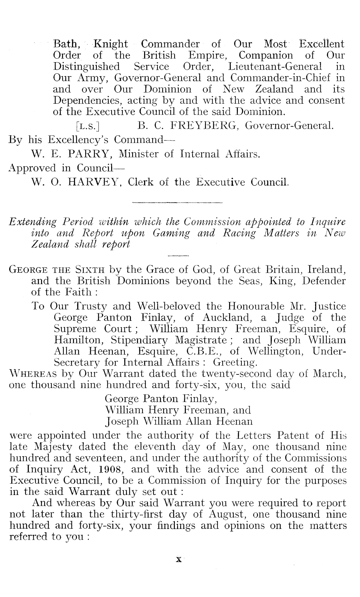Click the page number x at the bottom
click(x=178, y=560)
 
